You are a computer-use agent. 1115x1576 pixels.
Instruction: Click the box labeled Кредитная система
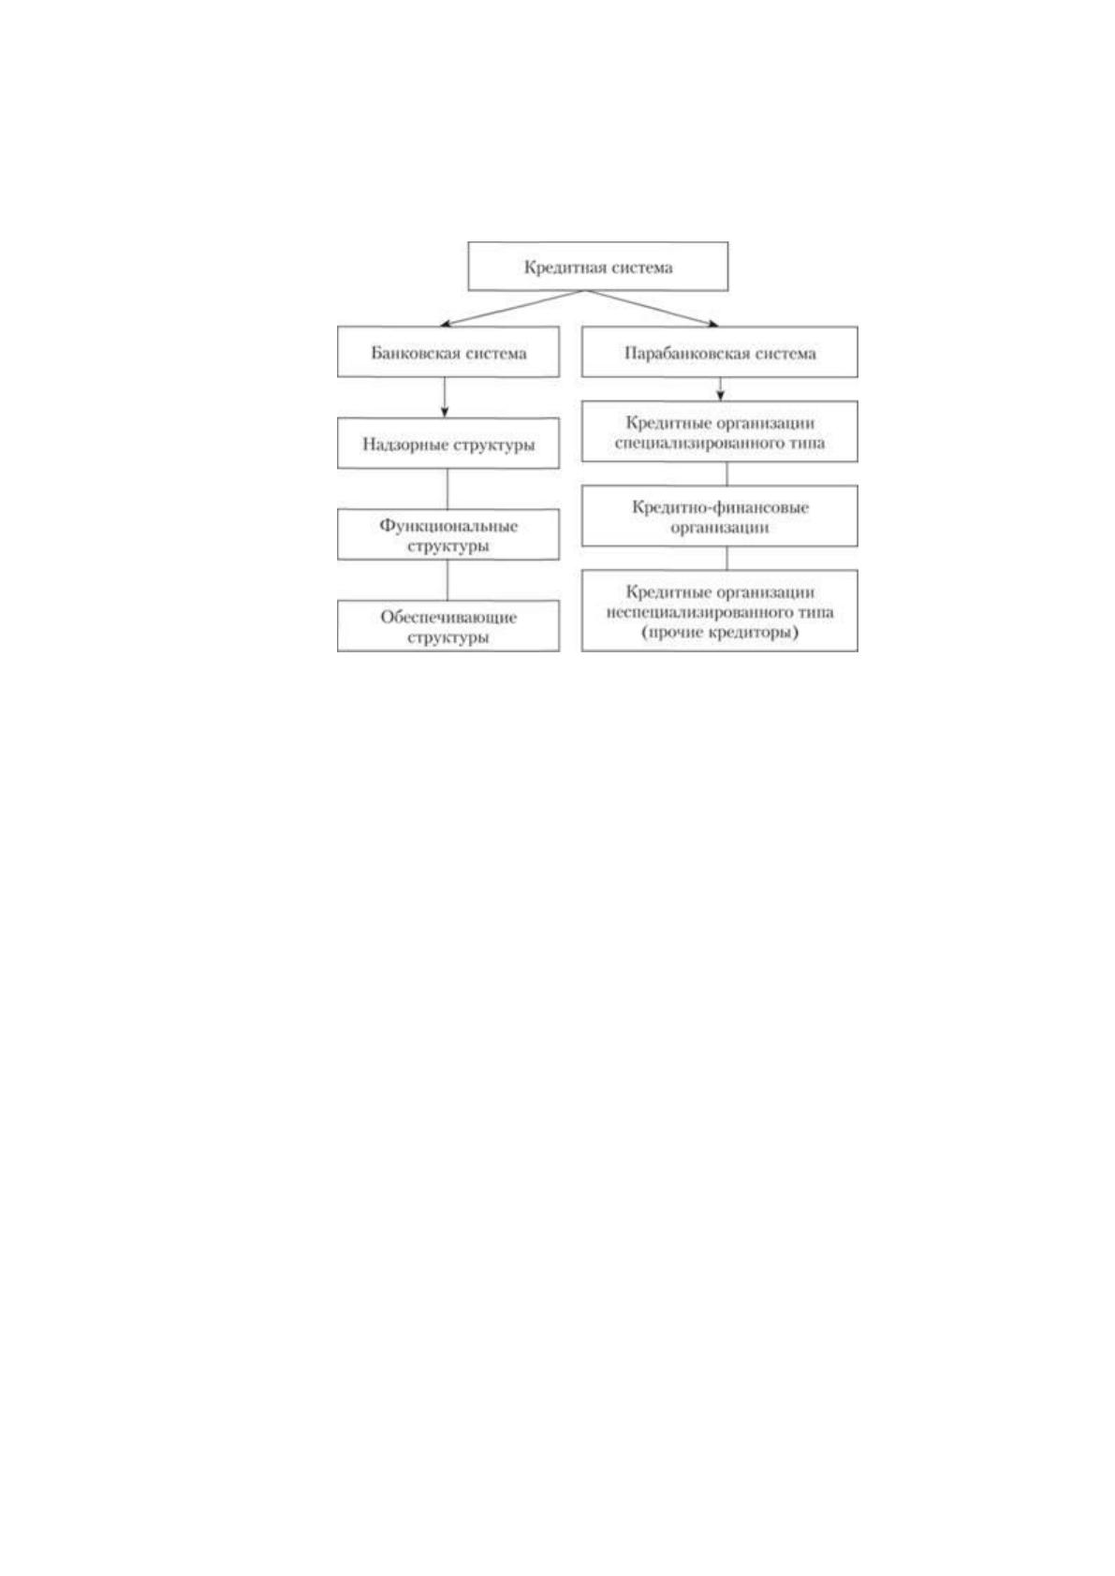(597, 266)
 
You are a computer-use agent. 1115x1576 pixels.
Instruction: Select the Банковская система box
(448, 351)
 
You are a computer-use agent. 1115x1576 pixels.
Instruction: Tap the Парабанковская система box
(719, 351)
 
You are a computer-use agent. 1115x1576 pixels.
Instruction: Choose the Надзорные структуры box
(448, 444)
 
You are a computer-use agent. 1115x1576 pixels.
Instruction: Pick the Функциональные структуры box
(448, 534)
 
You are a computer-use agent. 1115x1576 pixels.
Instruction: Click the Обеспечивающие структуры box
(448, 625)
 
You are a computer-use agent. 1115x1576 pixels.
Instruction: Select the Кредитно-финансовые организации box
(719, 516)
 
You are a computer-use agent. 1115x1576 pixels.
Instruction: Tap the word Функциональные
(448, 526)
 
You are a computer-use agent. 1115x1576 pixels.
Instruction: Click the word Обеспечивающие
(448, 617)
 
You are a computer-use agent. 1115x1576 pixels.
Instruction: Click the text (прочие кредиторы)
(719, 633)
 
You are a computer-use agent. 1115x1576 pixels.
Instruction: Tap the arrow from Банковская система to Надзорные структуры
(444, 398)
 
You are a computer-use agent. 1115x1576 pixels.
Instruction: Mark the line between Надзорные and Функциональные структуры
(447, 489)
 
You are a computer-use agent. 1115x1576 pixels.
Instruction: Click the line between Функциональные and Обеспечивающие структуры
(447, 580)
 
